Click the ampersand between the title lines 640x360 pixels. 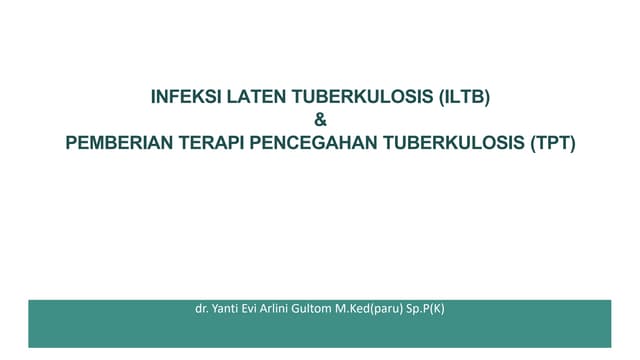click(320, 120)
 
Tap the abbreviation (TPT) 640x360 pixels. click(551, 142)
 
